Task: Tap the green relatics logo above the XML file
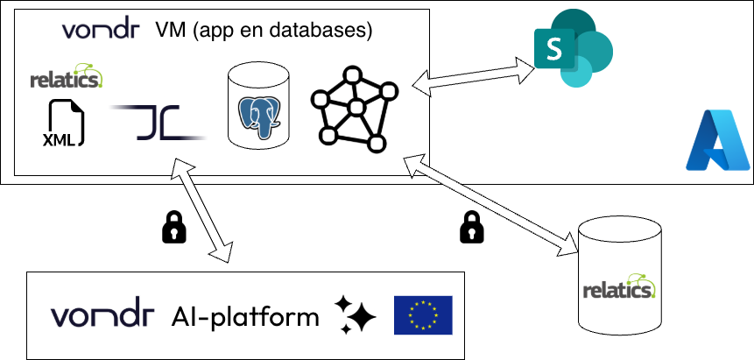click(x=67, y=77)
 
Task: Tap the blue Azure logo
click(x=718, y=140)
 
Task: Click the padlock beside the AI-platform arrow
click(x=175, y=229)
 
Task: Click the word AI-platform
click(x=245, y=315)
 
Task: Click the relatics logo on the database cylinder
click(x=620, y=288)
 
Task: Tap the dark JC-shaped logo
click(x=158, y=122)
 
